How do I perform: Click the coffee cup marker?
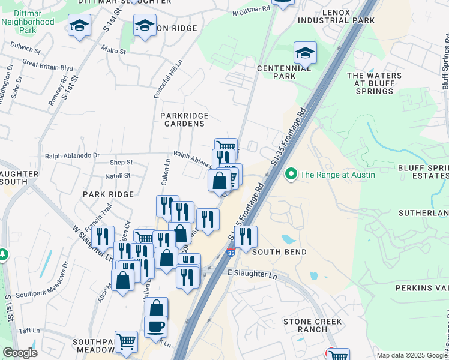click(x=155, y=327)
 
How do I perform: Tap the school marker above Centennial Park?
click(x=305, y=53)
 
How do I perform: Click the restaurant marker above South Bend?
click(x=246, y=237)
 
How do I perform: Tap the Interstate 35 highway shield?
click(x=231, y=254)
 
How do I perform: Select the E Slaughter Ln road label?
click(x=252, y=273)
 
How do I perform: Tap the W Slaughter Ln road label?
click(x=93, y=244)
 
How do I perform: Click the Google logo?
click(x=20, y=353)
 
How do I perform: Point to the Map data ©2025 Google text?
click(x=411, y=355)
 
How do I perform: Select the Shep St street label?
click(x=121, y=163)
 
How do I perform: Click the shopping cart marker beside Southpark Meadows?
click(x=126, y=342)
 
